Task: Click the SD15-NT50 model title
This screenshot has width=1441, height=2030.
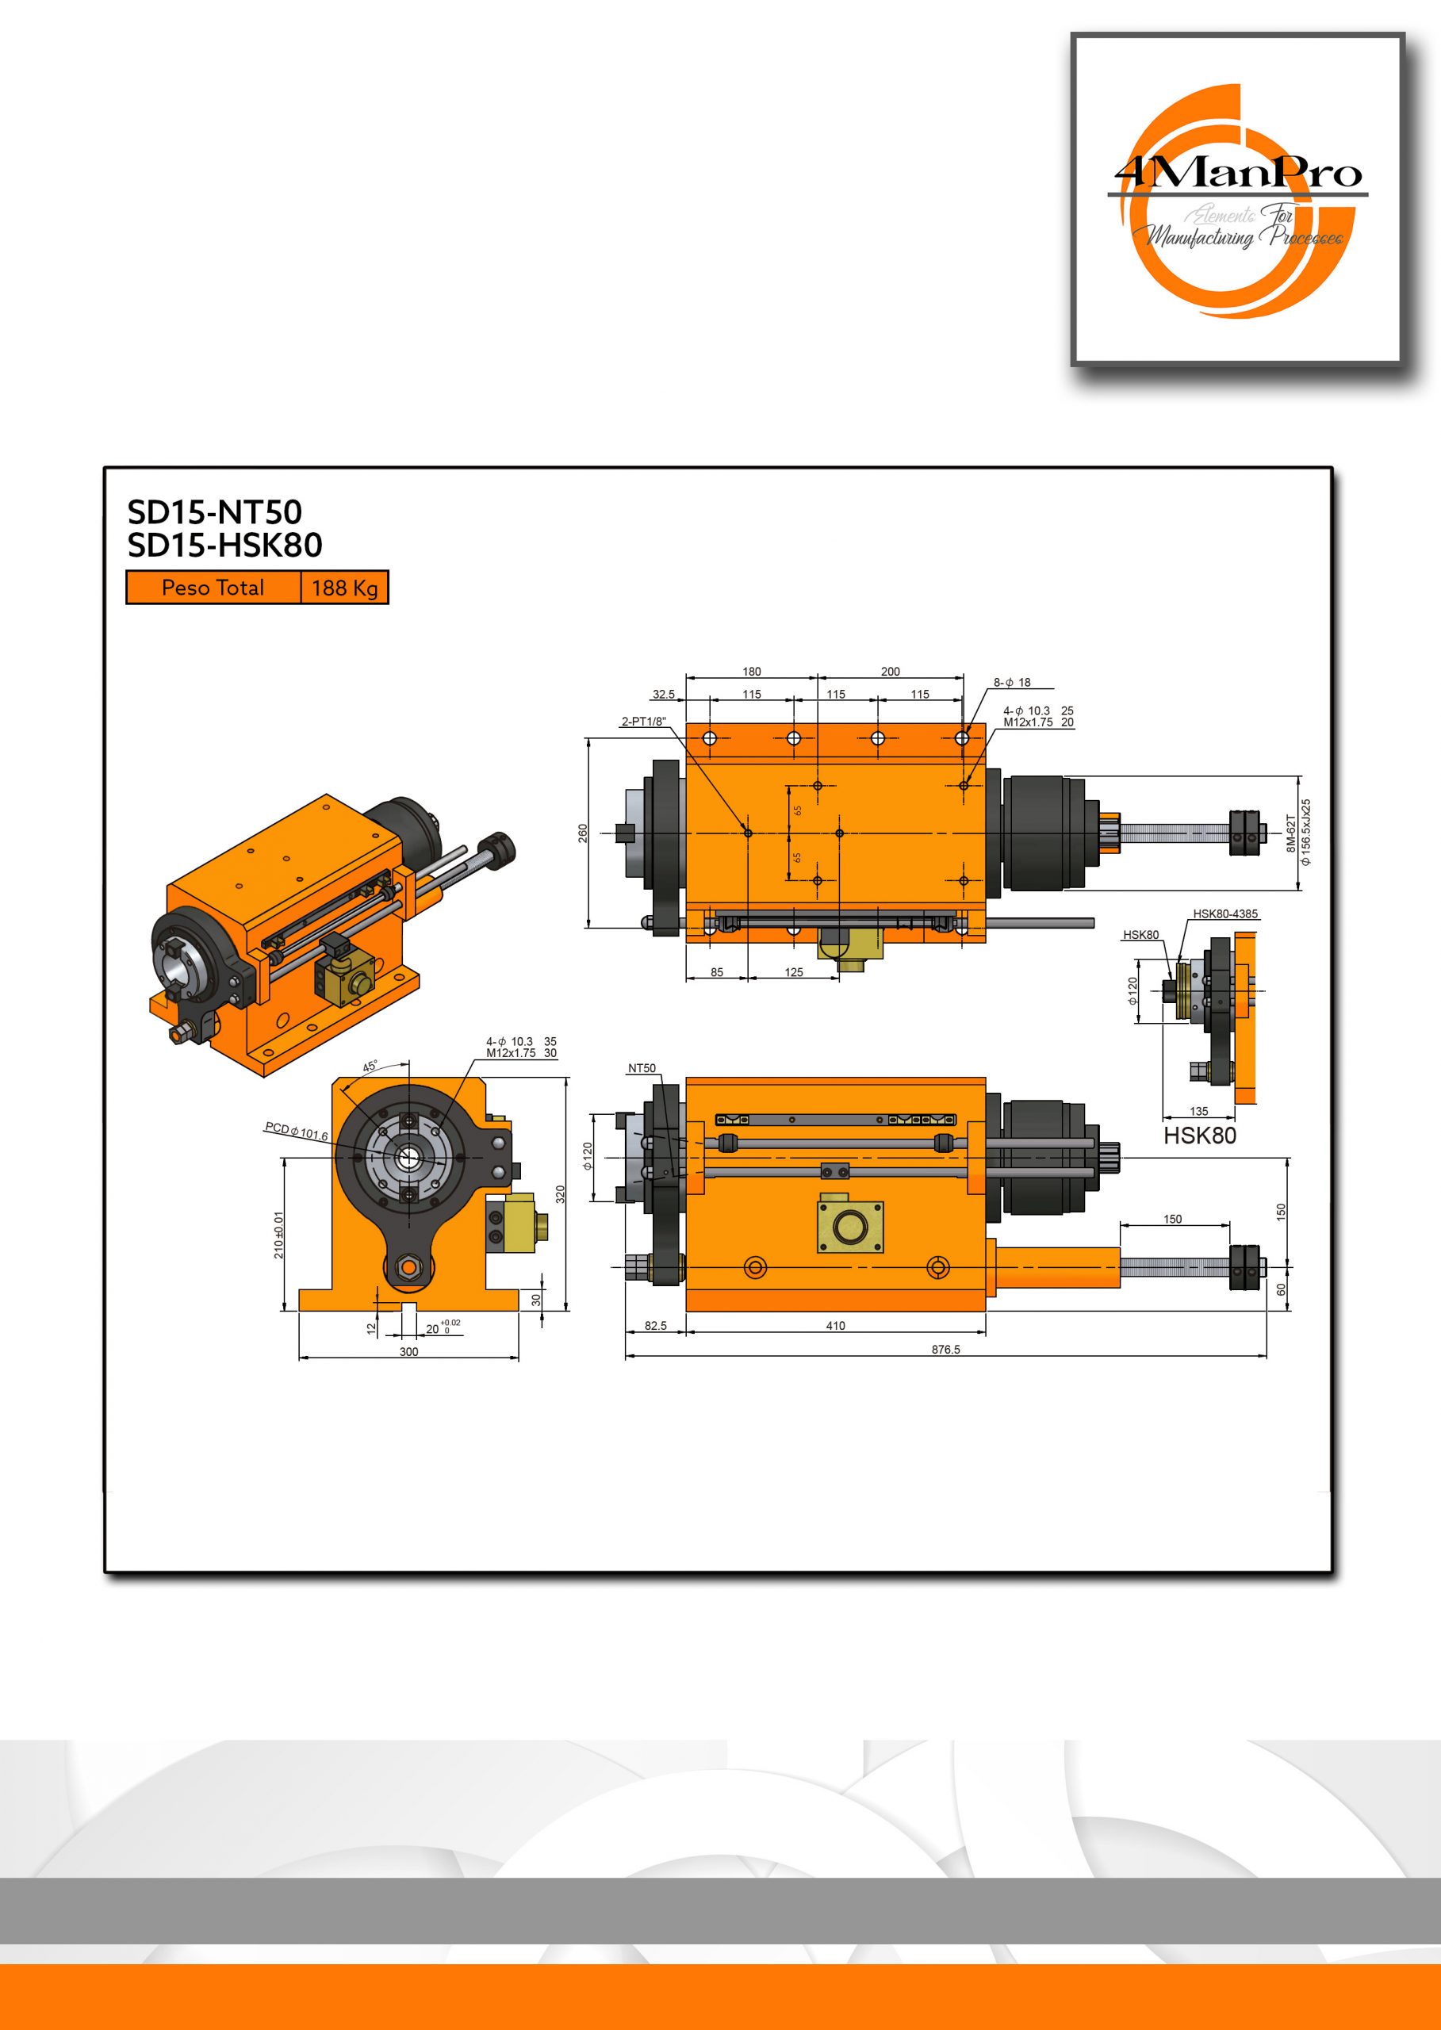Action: tap(215, 512)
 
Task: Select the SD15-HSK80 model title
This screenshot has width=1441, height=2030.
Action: tap(224, 545)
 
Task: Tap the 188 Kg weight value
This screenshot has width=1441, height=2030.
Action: tap(344, 588)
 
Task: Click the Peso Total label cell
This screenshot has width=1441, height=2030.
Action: tap(213, 588)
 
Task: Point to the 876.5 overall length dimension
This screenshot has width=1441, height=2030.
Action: tap(945, 1350)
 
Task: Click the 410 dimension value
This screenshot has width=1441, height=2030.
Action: tap(836, 1326)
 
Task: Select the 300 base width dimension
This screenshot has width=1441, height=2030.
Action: tap(408, 1352)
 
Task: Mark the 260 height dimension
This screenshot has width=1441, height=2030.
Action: tap(583, 834)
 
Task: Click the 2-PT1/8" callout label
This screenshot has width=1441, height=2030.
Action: tap(643, 722)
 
